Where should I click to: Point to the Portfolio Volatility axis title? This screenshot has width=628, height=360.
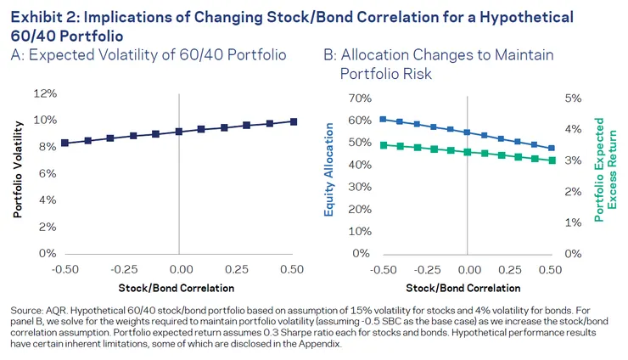(17, 172)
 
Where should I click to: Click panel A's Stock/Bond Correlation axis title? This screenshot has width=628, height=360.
(179, 287)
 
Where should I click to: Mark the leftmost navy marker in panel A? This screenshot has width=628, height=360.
(64, 143)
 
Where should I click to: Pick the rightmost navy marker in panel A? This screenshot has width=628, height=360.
(294, 121)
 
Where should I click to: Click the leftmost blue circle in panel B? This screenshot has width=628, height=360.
(383, 119)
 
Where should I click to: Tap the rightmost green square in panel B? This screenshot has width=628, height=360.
(552, 160)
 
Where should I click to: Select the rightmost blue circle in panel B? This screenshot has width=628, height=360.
(552, 148)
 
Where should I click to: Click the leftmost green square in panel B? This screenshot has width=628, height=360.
(383, 145)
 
